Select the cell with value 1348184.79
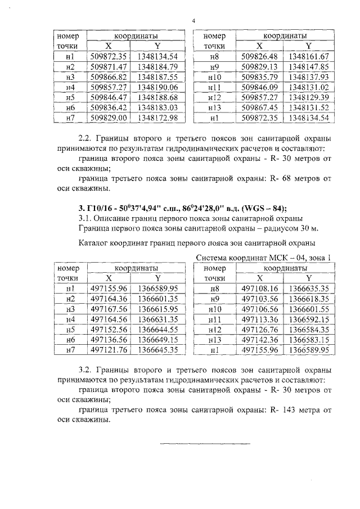tap(157, 66)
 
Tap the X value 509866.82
tap(110, 76)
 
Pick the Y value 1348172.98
tap(157, 117)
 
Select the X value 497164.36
tap(110, 298)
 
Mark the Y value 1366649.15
tap(157, 339)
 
